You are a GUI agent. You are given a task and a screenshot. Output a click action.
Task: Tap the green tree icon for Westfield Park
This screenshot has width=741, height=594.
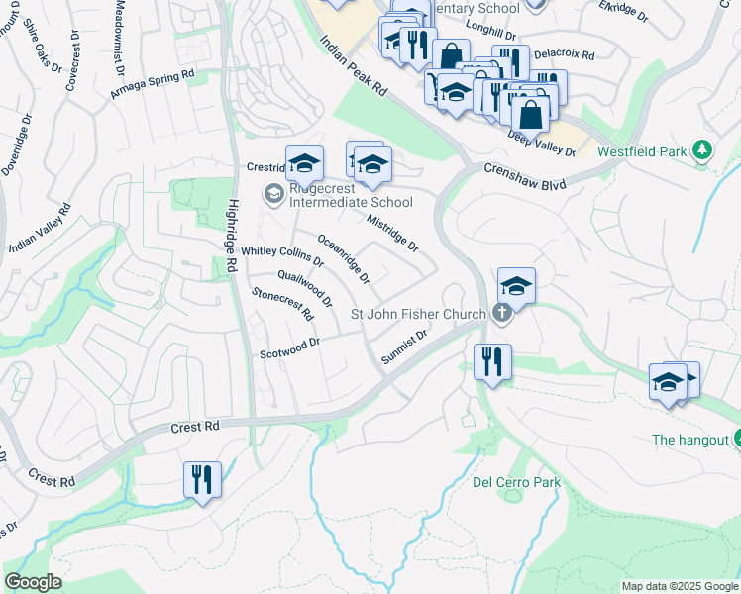[x=703, y=149]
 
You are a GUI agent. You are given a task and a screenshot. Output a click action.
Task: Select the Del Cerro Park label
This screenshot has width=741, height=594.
[x=516, y=483]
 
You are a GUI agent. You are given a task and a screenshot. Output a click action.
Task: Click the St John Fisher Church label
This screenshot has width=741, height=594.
[x=419, y=315]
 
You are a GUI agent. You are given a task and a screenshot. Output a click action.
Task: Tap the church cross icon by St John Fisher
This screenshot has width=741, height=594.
[x=502, y=315]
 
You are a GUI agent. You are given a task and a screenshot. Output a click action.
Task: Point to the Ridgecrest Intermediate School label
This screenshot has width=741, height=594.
[x=351, y=196]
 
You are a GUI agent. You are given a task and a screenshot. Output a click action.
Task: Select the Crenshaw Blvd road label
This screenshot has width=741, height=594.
[x=524, y=176]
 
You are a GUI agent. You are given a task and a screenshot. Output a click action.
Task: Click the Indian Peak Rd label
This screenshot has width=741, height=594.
[x=353, y=66]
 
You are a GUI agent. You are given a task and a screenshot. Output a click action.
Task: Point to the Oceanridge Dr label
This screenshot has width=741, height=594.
[x=343, y=257]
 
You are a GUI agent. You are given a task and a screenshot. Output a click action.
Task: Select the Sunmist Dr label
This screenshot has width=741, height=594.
[x=404, y=347]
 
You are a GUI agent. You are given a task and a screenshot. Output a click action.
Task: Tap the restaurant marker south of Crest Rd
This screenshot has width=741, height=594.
[x=202, y=481]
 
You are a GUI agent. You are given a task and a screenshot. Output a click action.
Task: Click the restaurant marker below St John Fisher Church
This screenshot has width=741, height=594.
[x=491, y=361]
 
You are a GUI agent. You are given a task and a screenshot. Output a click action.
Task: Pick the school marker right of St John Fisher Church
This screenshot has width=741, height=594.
[x=516, y=288]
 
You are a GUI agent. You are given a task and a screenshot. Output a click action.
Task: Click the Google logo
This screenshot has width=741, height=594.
[x=33, y=582]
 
